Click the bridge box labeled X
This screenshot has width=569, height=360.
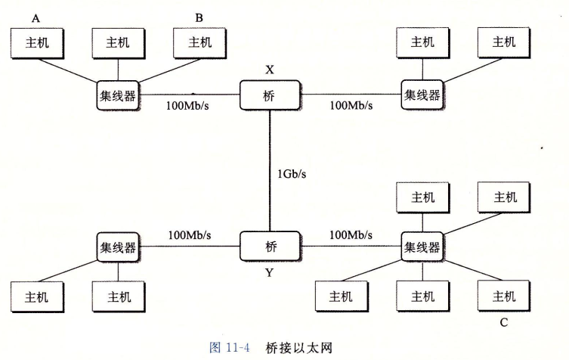(270, 96)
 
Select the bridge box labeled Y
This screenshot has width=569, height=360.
(270, 246)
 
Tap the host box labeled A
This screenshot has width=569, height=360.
(36, 43)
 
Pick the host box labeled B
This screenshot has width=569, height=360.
(199, 43)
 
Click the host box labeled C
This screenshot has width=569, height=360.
(503, 296)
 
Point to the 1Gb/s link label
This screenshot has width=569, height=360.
(291, 173)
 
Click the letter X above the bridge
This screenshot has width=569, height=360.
(269, 70)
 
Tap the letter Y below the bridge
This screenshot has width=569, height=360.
(269, 272)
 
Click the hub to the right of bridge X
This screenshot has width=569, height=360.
(422, 95)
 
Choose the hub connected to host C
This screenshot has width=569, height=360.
(422, 247)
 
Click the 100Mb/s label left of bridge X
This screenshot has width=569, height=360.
(187, 105)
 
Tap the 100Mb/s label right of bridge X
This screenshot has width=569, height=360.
(351, 105)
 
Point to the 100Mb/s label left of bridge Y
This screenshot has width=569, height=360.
(190, 235)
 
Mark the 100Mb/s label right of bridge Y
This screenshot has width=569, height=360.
(351, 235)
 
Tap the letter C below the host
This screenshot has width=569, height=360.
(503, 323)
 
